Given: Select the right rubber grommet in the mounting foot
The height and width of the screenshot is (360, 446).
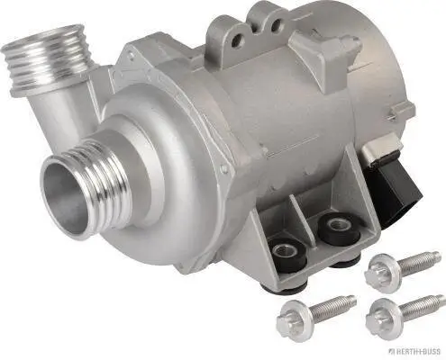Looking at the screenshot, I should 338,225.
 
